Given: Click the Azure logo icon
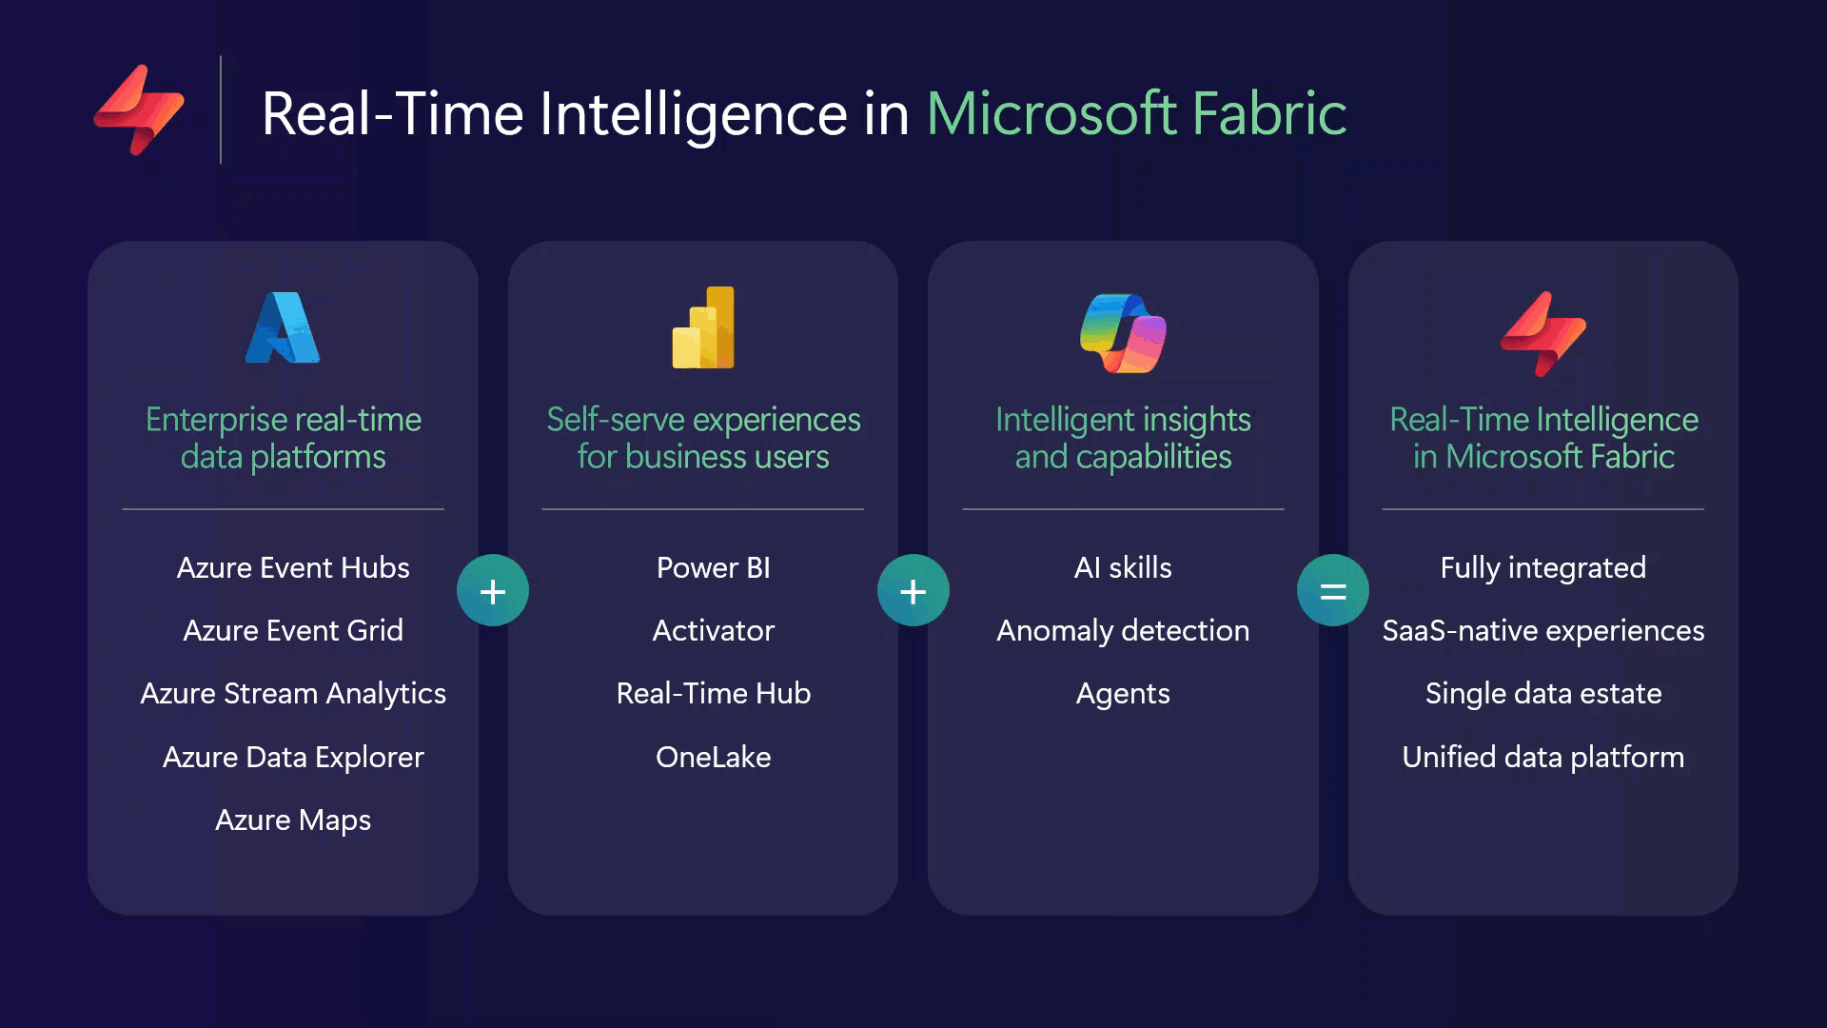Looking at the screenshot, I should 283,327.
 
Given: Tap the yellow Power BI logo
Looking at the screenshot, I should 703,327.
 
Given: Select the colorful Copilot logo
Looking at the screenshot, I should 1123,332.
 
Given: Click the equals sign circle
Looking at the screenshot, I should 1332,590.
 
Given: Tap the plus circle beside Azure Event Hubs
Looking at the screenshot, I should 493,590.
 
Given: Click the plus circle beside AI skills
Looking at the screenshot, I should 913,590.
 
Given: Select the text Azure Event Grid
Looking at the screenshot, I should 293,630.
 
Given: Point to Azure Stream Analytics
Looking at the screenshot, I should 293,693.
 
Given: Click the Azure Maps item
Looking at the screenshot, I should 293,820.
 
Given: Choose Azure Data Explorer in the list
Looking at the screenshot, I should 293,757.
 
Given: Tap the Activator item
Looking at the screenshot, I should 714,630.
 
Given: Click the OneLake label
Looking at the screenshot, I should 714,757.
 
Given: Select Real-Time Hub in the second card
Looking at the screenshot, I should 714,693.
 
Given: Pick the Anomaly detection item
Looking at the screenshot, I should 1123,630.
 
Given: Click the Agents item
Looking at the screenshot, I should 1123,693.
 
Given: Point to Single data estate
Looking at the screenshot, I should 1543,693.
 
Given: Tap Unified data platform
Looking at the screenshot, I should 1543,757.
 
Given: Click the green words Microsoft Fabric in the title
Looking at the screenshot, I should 1136,114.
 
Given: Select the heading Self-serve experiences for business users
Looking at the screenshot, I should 703,438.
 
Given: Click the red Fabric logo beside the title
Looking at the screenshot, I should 139,109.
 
